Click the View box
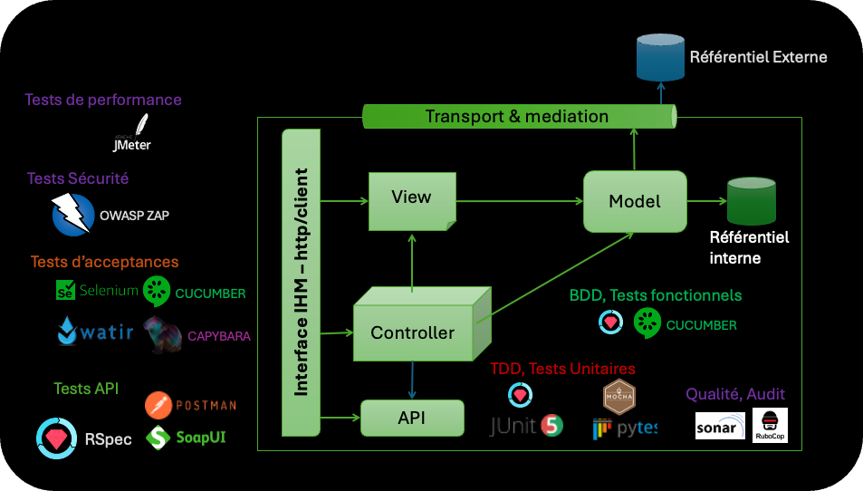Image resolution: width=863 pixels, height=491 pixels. [411, 198]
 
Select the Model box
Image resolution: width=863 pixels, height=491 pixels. [634, 200]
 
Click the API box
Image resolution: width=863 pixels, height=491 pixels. [412, 418]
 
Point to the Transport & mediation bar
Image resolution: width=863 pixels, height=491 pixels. [518, 117]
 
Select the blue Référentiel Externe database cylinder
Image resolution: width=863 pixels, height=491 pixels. [660, 55]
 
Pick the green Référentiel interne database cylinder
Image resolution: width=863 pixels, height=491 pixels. [752, 202]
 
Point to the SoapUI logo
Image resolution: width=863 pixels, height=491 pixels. [159, 438]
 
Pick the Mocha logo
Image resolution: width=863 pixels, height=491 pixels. [619, 396]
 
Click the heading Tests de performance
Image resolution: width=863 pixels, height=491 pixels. [103, 100]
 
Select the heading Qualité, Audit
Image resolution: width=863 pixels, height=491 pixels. [735, 394]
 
